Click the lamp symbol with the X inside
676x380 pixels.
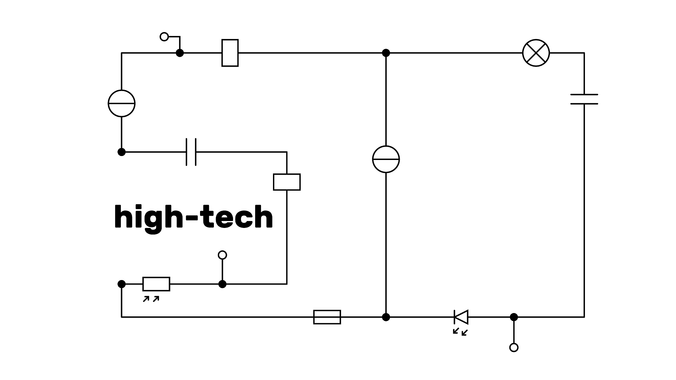click(536, 53)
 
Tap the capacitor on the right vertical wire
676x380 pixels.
click(584, 99)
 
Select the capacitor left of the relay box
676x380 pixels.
click(191, 152)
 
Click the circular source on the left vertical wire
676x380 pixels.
click(121, 103)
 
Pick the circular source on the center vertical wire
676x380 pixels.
click(386, 159)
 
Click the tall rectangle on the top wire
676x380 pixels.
click(230, 53)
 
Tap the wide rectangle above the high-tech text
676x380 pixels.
click(287, 182)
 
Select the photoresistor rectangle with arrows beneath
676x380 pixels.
click(156, 284)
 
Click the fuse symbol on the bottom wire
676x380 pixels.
click(327, 317)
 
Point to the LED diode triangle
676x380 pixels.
click(461, 317)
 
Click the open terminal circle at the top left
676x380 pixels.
click(164, 36)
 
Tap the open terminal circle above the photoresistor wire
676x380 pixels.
click(222, 255)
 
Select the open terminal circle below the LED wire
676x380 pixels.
click(514, 347)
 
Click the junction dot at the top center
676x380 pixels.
click(386, 53)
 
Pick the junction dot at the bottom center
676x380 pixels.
click(386, 317)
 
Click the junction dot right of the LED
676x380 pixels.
click(514, 317)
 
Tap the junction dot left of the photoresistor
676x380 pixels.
click(121, 284)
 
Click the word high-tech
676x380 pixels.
click(193, 217)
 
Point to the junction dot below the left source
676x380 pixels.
click(121, 152)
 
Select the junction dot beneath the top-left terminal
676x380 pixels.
click(180, 53)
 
